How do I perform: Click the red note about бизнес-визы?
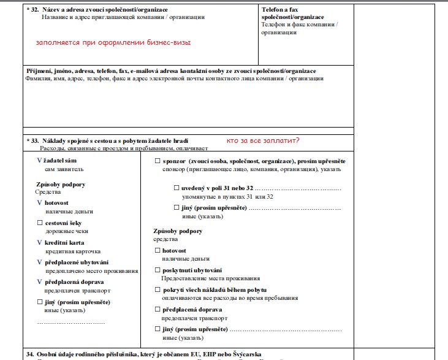[113, 43]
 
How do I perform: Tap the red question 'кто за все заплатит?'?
[263, 140]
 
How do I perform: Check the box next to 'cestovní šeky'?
[40, 223]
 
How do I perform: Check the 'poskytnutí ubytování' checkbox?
[157, 270]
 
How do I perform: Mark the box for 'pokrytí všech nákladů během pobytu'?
[157, 289]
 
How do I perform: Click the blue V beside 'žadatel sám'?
[40, 161]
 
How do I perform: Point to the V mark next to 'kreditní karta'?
[40, 242]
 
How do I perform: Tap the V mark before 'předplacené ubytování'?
[40, 262]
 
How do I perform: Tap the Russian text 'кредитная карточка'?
[73, 251]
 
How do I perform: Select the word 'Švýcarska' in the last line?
[261, 354]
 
